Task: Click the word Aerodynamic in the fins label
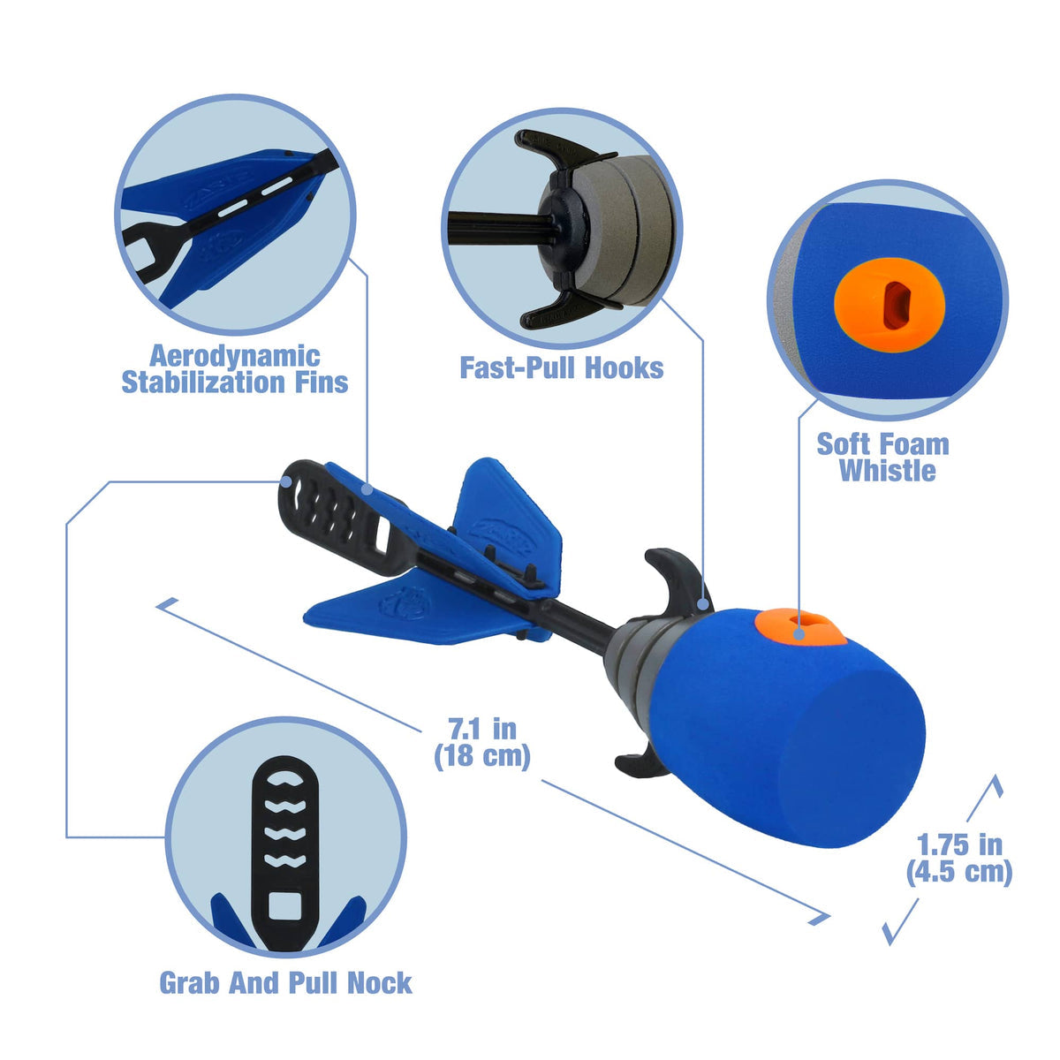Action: pyautogui.click(x=235, y=357)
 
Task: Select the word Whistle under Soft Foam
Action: pyautogui.click(x=887, y=470)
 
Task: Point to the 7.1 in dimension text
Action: pyautogui.click(x=482, y=730)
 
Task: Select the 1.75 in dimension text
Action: pyautogui.click(x=959, y=845)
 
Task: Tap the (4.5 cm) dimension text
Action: pyautogui.click(x=959, y=872)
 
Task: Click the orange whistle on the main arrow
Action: pyautogui.click(x=799, y=626)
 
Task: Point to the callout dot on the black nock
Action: pyautogui.click(x=286, y=481)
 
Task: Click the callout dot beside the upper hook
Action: pyautogui.click(x=703, y=604)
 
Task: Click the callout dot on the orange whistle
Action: pyautogui.click(x=799, y=634)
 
